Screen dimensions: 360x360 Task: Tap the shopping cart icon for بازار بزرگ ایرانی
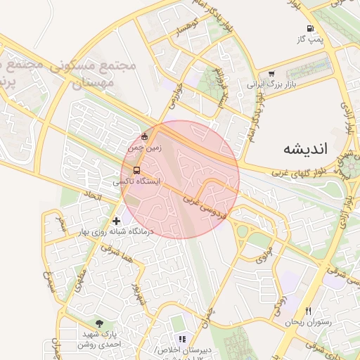coord(271,73)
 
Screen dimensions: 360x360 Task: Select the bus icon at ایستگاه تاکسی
coord(136,169)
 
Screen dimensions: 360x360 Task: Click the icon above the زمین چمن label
coord(145,136)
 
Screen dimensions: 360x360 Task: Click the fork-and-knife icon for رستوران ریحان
coord(307,311)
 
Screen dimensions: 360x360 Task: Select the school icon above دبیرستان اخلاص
coord(182,339)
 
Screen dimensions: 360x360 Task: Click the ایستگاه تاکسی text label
coord(137,181)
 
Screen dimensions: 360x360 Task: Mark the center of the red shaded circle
coord(180,179)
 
